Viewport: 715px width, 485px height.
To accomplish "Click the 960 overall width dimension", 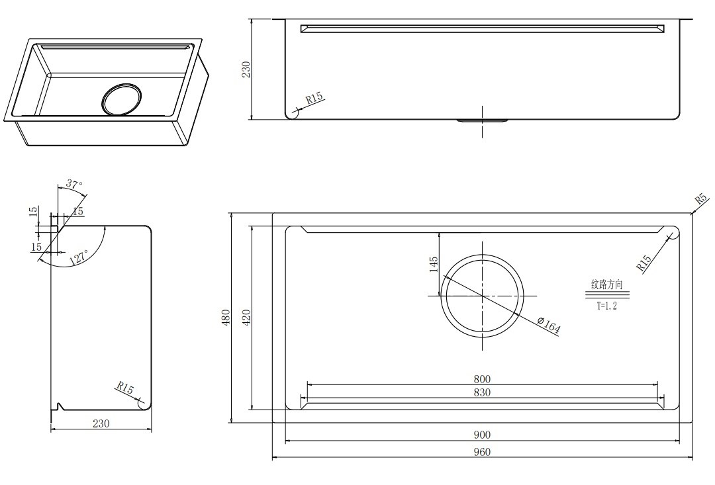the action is pos(482,452).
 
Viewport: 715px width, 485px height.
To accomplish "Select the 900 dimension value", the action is pos(482,435).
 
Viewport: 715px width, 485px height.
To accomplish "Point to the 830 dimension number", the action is pos(482,392).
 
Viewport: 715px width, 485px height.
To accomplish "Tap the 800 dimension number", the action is pos(482,378).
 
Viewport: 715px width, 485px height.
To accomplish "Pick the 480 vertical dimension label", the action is pos(226,317).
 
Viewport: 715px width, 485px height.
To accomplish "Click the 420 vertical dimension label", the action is pos(246,317).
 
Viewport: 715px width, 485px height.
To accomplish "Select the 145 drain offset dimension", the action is pos(433,264).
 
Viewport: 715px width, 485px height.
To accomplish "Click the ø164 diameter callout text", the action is pos(549,326).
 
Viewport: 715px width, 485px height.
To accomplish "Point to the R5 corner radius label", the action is pos(701,198).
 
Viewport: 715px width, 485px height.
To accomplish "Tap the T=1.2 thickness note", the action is pos(607,306).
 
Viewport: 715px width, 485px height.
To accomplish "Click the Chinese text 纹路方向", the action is pos(607,285).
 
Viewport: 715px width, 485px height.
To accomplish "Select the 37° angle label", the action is pos(74,185).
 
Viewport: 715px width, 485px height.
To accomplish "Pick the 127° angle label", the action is pos(78,257).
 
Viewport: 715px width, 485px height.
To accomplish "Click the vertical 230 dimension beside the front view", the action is pos(246,69).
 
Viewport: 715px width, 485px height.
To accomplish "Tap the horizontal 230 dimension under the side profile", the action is pos(101,423).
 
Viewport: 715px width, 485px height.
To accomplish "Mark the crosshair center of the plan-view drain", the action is pos(483,296).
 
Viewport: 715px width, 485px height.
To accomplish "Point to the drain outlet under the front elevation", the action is pos(483,121).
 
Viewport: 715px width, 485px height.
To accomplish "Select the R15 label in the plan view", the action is pos(644,263).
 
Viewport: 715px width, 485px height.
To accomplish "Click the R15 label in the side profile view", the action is pos(124,388).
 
